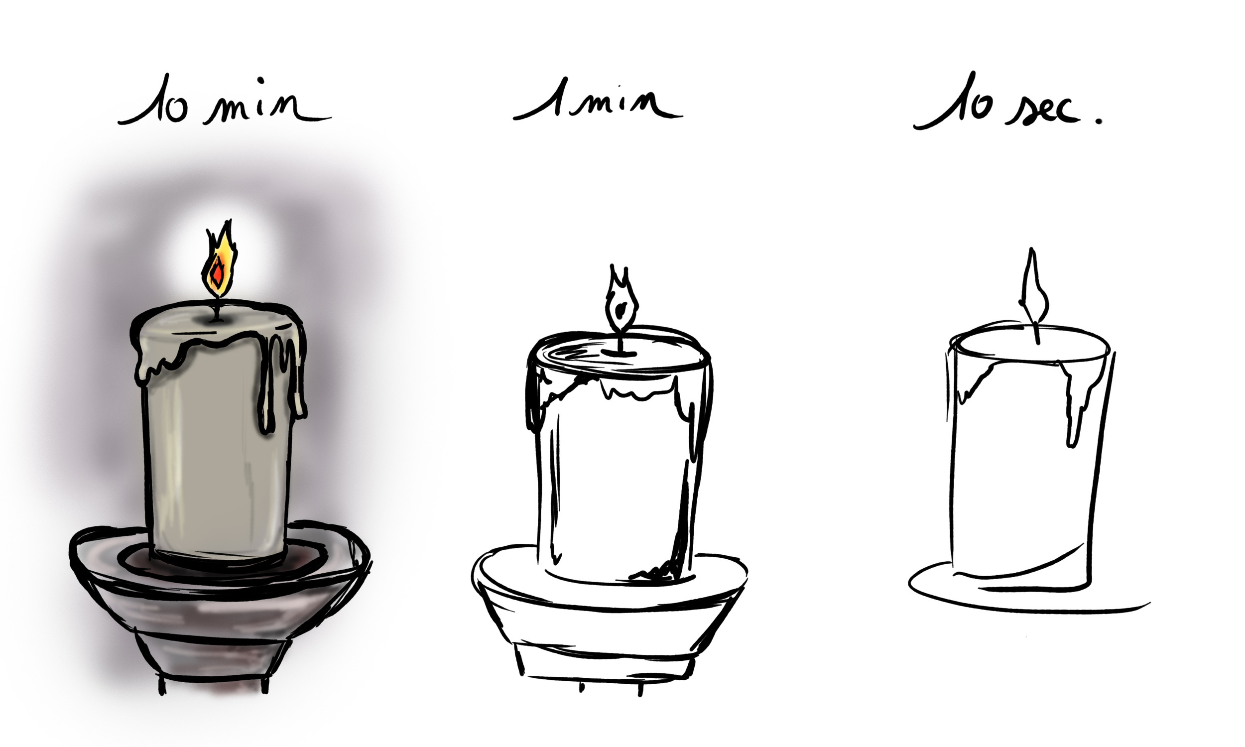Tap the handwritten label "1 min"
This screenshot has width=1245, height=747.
pyautogui.click(x=597, y=100)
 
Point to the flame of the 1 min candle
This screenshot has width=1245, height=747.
pyautogui.click(x=621, y=297)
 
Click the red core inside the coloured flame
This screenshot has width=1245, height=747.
pyautogui.click(x=218, y=274)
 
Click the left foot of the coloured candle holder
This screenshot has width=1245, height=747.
pyautogui.click(x=162, y=684)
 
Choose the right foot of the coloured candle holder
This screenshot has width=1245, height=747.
pyautogui.click(x=265, y=684)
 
